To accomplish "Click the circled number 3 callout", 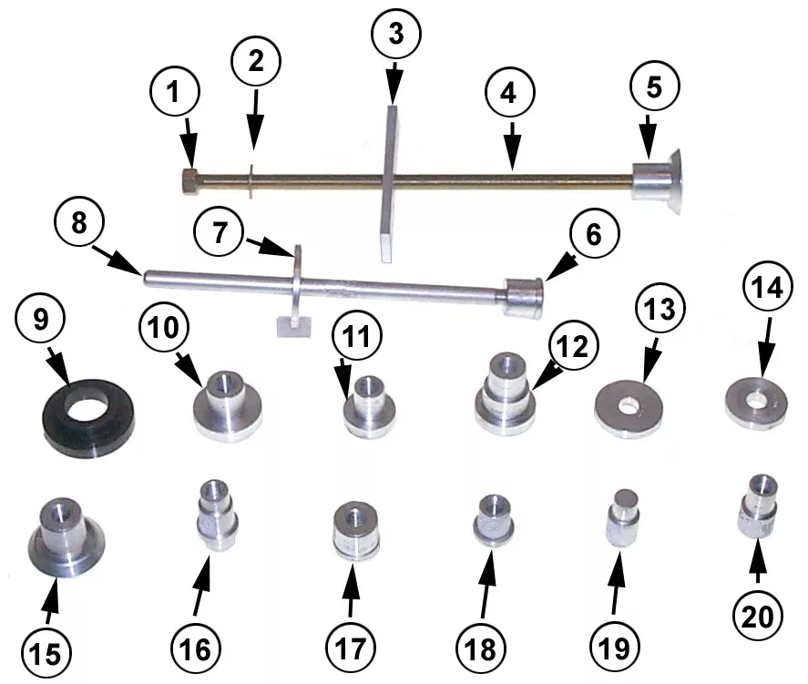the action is click(395, 34).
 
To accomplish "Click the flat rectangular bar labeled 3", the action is click(389, 183).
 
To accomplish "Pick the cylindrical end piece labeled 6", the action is click(522, 298).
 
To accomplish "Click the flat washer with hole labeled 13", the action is click(629, 409).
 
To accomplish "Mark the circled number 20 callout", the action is click(758, 616).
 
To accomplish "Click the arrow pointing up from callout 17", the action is click(352, 590).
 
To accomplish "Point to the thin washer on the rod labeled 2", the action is click(251, 181).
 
